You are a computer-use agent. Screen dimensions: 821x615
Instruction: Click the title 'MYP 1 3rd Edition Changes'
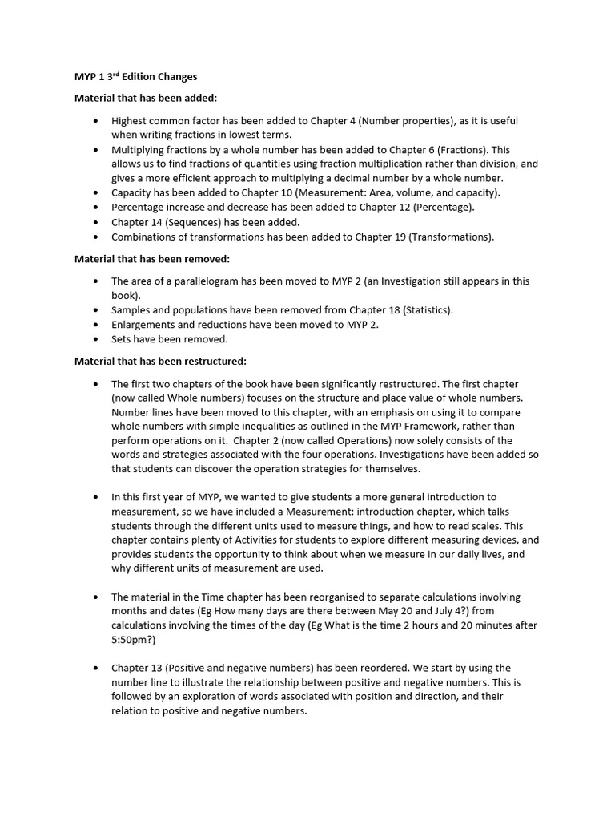pyautogui.click(x=135, y=77)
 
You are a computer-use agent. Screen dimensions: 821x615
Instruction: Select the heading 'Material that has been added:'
pyautogui.click(x=140, y=98)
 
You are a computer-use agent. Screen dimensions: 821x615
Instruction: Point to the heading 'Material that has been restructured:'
pyautogui.click(x=160, y=362)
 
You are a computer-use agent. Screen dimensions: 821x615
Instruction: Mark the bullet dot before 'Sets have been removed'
pyautogui.click(x=95, y=339)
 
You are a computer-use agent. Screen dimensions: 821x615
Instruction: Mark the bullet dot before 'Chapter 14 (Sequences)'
pyautogui.click(x=95, y=222)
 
